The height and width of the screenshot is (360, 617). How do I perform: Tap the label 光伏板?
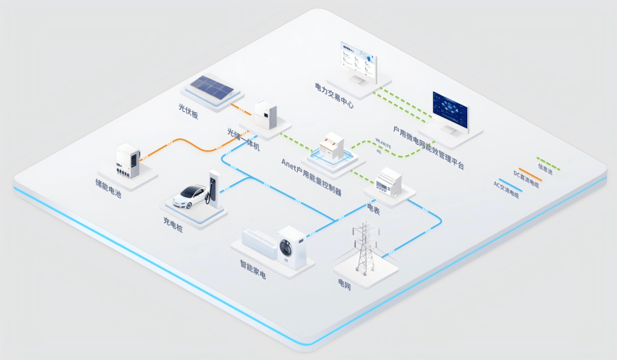[188, 111]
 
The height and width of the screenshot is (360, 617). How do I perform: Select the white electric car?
[190, 195]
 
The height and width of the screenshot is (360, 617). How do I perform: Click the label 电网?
[344, 282]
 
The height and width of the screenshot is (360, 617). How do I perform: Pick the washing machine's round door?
[286, 249]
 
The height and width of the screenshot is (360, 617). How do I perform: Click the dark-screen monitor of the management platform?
[450, 111]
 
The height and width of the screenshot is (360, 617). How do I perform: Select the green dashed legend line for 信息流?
[548, 164]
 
